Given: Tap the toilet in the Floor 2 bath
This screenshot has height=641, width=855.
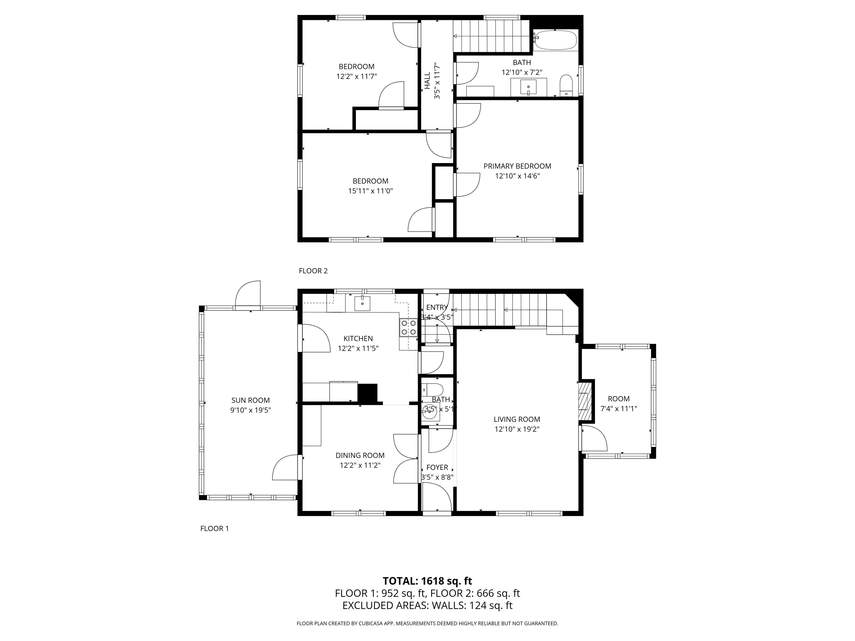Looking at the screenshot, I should [x=566, y=85].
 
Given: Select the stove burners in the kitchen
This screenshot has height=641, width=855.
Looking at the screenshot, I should [x=409, y=327].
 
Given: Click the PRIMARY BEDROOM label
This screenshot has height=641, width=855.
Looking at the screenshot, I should [x=517, y=166].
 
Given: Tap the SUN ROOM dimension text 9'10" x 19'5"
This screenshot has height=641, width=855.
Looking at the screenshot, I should [x=250, y=410].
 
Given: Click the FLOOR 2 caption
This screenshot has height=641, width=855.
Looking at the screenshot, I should [x=313, y=271].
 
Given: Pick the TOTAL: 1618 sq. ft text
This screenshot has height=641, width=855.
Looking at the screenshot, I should [x=427, y=581].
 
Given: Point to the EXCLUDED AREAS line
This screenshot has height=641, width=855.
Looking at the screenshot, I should [x=427, y=605].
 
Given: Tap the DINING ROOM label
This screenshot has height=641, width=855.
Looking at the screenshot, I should [x=360, y=455].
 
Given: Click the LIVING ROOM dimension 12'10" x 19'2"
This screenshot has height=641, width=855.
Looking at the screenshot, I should [x=517, y=429].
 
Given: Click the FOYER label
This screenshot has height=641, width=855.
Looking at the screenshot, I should [x=437, y=467].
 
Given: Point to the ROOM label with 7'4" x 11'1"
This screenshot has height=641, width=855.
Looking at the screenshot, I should [x=618, y=399].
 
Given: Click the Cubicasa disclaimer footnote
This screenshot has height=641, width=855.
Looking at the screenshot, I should [x=427, y=623].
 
